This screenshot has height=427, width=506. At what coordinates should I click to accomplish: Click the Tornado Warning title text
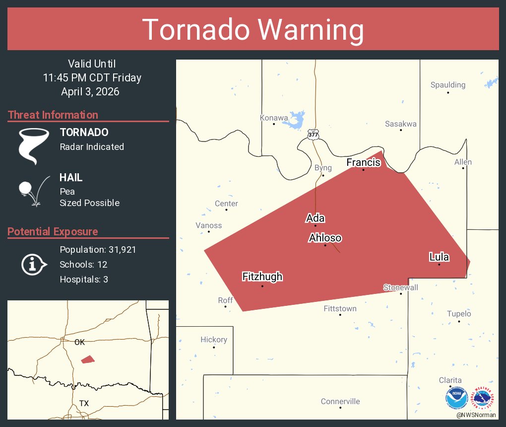pyautogui.click(x=253, y=30)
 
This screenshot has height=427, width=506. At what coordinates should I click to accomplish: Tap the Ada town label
pyautogui.click(x=315, y=218)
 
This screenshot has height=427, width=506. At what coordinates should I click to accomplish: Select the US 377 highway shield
pyautogui.click(x=313, y=134)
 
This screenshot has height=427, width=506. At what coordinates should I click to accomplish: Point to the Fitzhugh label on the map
pyautogui.click(x=262, y=277)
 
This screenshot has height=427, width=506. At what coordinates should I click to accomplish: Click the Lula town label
pyautogui.click(x=439, y=257)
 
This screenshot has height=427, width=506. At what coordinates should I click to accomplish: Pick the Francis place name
pyautogui.click(x=363, y=162)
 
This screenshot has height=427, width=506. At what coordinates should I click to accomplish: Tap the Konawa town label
pyautogui.click(x=273, y=118)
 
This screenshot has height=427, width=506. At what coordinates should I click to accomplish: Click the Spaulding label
pyautogui.click(x=447, y=85)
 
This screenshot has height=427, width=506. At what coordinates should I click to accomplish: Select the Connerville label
pyautogui.click(x=340, y=401)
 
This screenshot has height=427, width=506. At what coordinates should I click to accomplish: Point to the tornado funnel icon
pyautogui.click(x=34, y=145)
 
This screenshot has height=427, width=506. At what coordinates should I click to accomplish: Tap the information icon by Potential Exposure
pyautogui.click(x=33, y=264)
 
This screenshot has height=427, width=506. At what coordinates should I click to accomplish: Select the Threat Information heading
pyautogui.click(x=53, y=115)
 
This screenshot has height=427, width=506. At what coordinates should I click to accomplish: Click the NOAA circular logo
pyautogui.click(x=456, y=398)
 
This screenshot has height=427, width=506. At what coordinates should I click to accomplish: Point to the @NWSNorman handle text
pyautogui.click(x=476, y=415)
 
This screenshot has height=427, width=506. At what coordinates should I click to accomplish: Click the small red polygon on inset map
pyautogui.click(x=88, y=359)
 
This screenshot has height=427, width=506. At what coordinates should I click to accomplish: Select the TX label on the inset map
pyautogui.click(x=84, y=403)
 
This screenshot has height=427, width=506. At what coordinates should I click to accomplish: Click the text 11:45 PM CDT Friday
pyautogui.click(x=92, y=77)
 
